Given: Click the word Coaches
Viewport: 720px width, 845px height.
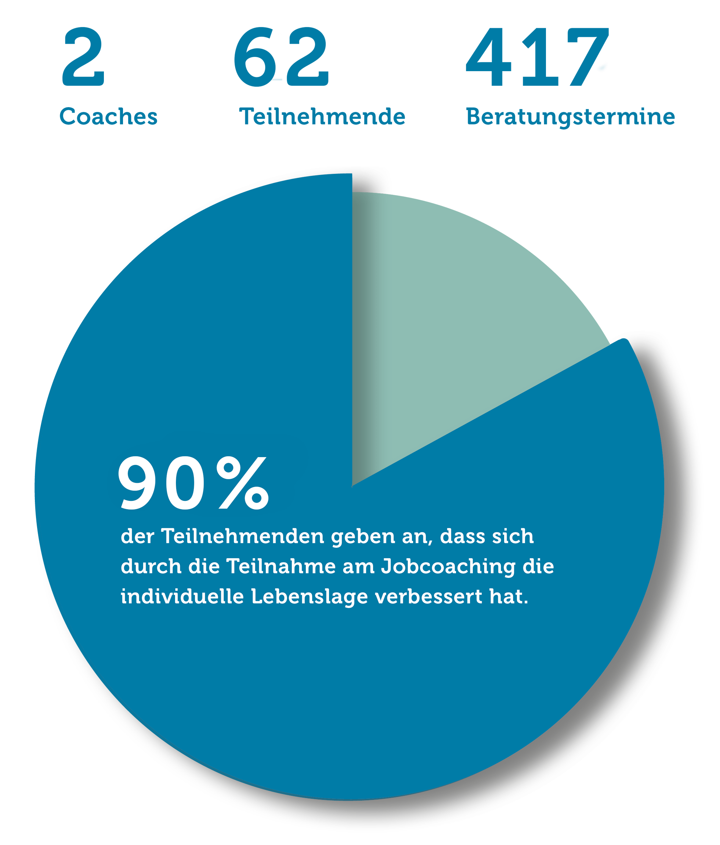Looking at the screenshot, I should tap(109, 117).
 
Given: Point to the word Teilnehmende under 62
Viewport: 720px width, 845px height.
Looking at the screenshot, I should tap(322, 117).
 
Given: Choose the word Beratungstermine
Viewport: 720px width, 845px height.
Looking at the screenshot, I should tap(571, 117).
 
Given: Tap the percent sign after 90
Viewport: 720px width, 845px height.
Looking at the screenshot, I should tap(242, 483).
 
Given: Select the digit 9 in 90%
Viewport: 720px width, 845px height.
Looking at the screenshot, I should tap(139, 483).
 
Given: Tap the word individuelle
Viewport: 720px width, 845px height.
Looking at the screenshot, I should tap(182, 597).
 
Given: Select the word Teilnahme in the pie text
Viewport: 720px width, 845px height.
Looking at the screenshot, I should tap(281, 566).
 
